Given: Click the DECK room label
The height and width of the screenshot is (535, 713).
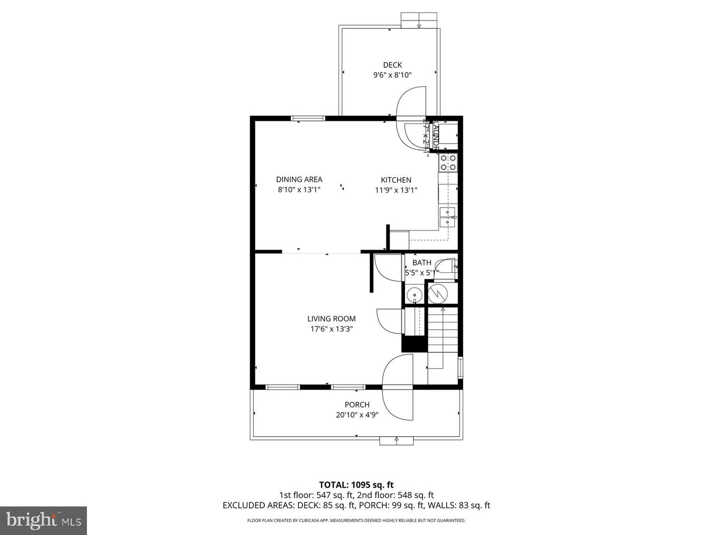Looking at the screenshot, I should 392,65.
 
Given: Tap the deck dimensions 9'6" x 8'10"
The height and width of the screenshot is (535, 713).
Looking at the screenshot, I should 392,75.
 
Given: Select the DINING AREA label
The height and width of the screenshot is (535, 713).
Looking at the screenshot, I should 299,179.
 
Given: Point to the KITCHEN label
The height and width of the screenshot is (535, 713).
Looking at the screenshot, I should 396,180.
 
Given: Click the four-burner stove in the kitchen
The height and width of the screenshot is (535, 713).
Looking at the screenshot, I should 448,163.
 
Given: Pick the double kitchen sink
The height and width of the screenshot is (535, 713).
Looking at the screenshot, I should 448,217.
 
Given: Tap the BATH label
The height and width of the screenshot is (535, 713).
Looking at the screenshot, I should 422,263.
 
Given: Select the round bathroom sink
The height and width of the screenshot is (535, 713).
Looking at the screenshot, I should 414,296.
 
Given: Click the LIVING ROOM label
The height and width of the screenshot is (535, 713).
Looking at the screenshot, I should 331,319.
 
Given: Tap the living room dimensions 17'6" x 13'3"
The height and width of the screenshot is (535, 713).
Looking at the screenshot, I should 331,329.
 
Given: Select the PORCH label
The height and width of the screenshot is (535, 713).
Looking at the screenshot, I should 357,405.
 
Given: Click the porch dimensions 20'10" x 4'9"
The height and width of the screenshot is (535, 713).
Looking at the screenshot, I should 357,415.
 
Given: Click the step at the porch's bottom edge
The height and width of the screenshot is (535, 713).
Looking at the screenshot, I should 396,441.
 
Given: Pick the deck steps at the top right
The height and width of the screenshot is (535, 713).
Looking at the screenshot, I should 419,20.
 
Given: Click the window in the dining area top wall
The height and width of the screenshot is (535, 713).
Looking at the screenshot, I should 308,118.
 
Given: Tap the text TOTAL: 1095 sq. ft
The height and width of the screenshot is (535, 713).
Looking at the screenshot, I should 356,484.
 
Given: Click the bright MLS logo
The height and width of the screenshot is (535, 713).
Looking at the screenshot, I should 44,520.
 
